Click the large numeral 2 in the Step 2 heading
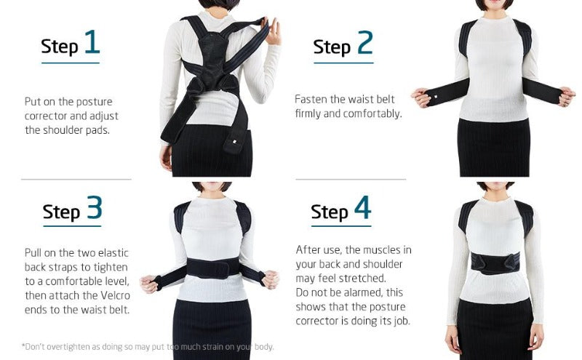(x=364, y=44)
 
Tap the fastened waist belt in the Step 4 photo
(x=495, y=260)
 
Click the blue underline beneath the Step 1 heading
(x=70, y=63)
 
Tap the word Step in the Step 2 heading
(x=332, y=47)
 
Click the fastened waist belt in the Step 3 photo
(x=211, y=269)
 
